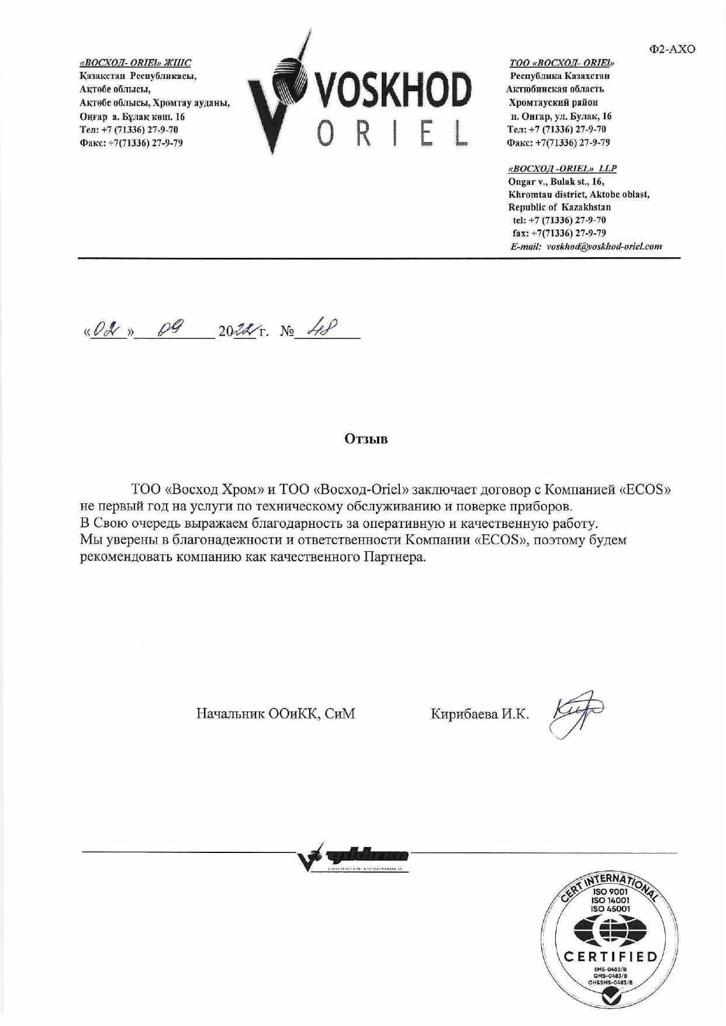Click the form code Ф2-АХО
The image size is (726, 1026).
672,50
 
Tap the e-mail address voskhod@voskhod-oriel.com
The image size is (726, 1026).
604,247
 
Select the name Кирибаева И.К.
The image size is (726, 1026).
479,714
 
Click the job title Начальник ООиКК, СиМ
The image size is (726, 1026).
275,714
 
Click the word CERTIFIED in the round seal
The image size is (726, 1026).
610,957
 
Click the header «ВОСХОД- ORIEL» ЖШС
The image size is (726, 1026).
135,63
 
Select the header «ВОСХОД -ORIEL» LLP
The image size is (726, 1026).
562,168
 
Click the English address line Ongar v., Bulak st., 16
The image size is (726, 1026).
556,182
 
